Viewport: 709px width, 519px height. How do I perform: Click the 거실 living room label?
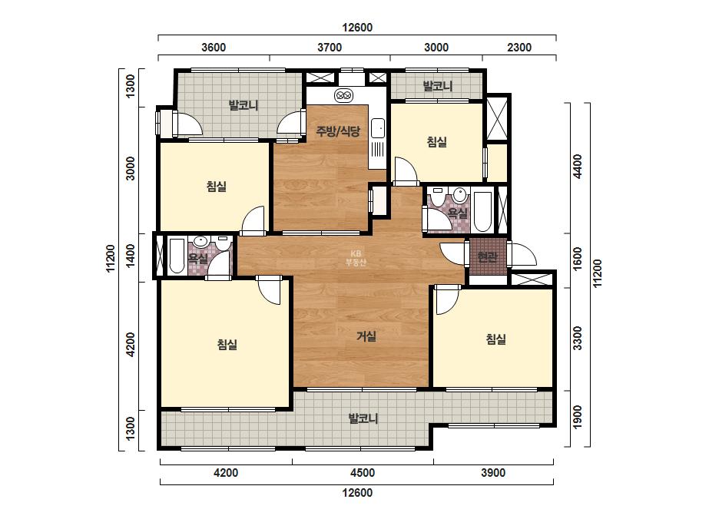click(x=366, y=336)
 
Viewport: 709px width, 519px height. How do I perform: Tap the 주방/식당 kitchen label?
click(x=338, y=131)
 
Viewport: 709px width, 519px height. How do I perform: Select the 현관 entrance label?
click(x=487, y=257)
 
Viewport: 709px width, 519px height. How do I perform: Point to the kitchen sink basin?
click(x=378, y=128)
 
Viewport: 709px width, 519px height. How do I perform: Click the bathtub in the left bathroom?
click(x=177, y=256)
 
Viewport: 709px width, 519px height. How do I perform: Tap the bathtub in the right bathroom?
click(x=482, y=212)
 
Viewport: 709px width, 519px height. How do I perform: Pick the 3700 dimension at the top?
click(x=330, y=48)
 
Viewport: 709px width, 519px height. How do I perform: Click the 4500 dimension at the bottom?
click(x=363, y=473)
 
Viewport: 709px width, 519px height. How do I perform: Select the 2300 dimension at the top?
click(x=519, y=48)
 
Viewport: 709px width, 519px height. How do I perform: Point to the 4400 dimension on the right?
click(x=578, y=167)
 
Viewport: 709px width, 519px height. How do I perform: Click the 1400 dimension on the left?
click(x=131, y=256)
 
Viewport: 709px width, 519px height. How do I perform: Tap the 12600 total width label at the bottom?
click(x=357, y=493)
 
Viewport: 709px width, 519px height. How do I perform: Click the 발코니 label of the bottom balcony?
click(x=363, y=418)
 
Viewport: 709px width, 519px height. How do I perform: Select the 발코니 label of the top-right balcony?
click(x=437, y=86)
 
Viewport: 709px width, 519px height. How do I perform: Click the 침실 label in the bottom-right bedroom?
click(x=495, y=339)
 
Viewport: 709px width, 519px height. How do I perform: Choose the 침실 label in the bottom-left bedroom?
click(x=227, y=345)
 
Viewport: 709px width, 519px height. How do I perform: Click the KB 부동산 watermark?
click(x=356, y=258)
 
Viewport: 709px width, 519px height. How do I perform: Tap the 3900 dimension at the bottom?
click(x=493, y=473)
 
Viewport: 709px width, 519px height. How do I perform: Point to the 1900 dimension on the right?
click(x=578, y=418)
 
